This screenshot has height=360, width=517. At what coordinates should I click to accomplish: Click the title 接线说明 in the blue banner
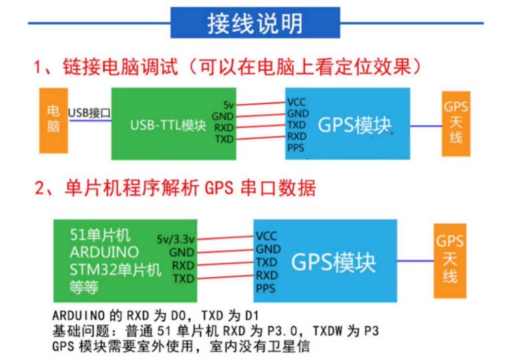(x=255, y=24)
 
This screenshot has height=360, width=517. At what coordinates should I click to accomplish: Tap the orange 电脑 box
(x=54, y=120)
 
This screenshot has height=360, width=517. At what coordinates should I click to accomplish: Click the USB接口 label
(x=90, y=113)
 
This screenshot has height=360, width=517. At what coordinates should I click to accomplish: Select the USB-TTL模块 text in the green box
(x=168, y=125)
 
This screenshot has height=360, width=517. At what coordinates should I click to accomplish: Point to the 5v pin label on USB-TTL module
(x=229, y=105)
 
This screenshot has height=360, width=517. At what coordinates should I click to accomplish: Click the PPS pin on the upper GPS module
(x=296, y=148)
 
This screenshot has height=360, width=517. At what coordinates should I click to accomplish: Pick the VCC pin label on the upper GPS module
(x=297, y=102)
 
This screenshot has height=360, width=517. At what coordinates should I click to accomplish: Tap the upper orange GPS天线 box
(x=456, y=124)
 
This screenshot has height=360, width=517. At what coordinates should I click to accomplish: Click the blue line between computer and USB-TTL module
(x=90, y=120)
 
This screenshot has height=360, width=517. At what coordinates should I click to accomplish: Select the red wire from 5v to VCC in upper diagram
(x=261, y=103)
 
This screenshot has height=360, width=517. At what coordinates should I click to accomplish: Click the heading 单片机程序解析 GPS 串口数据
(x=190, y=188)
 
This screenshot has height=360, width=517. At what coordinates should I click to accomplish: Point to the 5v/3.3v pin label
(x=176, y=239)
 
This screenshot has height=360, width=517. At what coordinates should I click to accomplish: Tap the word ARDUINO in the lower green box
(x=104, y=252)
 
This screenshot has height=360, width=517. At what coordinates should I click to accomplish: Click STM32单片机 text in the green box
(x=116, y=270)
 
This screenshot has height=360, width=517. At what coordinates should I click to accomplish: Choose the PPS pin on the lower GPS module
(x=266, y=289)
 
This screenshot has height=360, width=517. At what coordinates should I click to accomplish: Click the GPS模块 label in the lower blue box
(x=334, y=263)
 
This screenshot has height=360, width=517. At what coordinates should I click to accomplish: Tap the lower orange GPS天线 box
(x=450, y=261)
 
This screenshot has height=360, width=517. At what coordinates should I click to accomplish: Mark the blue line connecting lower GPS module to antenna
(x=415, y=261)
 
